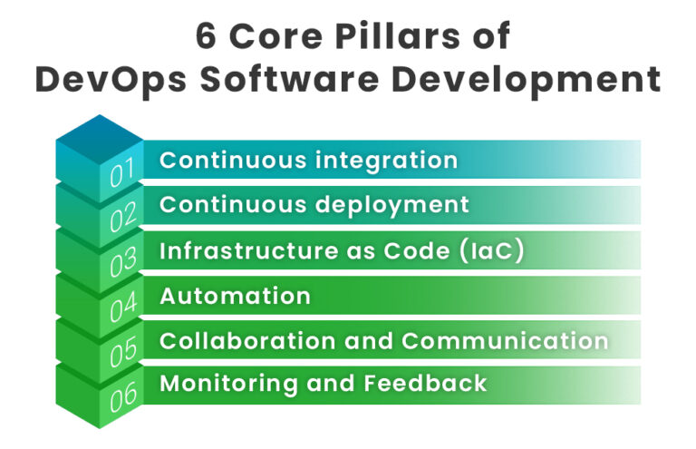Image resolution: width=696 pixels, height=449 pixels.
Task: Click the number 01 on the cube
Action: (x=121, y=173)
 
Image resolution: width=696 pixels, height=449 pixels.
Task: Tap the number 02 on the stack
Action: (x=122, y=218)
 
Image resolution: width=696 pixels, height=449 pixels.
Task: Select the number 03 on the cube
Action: (x=122, y=263)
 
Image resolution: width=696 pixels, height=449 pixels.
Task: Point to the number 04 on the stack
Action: (x=122, y=308)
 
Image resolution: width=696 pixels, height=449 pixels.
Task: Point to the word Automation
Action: (x=235, y=296)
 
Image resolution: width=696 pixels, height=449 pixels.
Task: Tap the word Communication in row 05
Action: (x=504, y=340)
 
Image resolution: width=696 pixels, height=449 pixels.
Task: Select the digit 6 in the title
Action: (x=207, y=37)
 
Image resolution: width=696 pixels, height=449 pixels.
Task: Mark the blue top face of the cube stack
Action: (x=100, y=136)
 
